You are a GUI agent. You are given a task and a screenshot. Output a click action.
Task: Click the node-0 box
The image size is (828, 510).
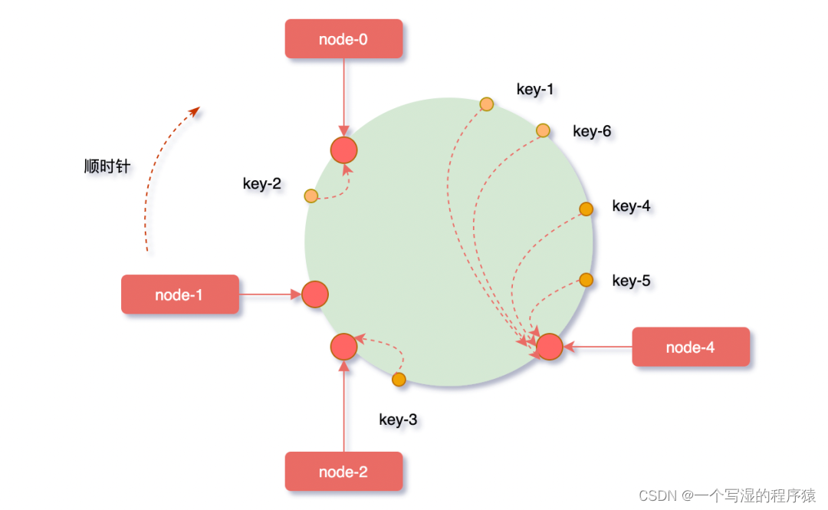(x=343, y=38)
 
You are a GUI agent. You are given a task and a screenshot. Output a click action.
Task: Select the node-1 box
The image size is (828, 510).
(x=179, y=294)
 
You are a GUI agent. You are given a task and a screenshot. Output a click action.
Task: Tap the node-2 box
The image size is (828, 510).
(x=343, y=472)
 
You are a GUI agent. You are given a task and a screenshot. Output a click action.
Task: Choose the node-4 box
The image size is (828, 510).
(x=690, y=347)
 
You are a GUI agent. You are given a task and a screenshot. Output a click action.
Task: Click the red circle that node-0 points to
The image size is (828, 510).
(x=343, y=150)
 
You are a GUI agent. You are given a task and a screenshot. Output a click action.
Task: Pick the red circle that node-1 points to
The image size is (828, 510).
(x=315, y=294)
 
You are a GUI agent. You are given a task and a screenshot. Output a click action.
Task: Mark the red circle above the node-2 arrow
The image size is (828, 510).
(x=343, y=347)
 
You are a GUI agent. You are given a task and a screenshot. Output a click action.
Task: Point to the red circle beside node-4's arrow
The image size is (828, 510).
(x=550, y=347)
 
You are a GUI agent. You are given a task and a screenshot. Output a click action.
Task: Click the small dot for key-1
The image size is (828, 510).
(x=486, y=104)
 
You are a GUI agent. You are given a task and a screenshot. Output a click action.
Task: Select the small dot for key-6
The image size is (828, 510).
(x=543, y=130)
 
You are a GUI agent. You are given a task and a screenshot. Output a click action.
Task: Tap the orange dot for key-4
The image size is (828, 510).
(x=586, y=209)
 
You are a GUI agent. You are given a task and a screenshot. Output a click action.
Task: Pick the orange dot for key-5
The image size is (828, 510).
(x=586, y=280)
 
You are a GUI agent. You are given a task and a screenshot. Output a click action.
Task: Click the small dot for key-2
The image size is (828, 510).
(x=310, y=196)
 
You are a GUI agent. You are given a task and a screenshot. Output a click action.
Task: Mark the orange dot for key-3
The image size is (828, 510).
(x=399, y=379)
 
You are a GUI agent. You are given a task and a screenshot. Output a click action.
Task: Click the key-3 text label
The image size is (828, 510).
(x=398, y=420)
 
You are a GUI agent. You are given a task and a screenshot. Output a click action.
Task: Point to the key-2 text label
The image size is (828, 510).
(x=262, y=184)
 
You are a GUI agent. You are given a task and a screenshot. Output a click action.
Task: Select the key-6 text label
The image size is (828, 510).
(x=592, y=131)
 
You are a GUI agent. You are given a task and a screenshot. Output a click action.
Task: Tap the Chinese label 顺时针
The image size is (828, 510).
(x=107, y=166)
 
